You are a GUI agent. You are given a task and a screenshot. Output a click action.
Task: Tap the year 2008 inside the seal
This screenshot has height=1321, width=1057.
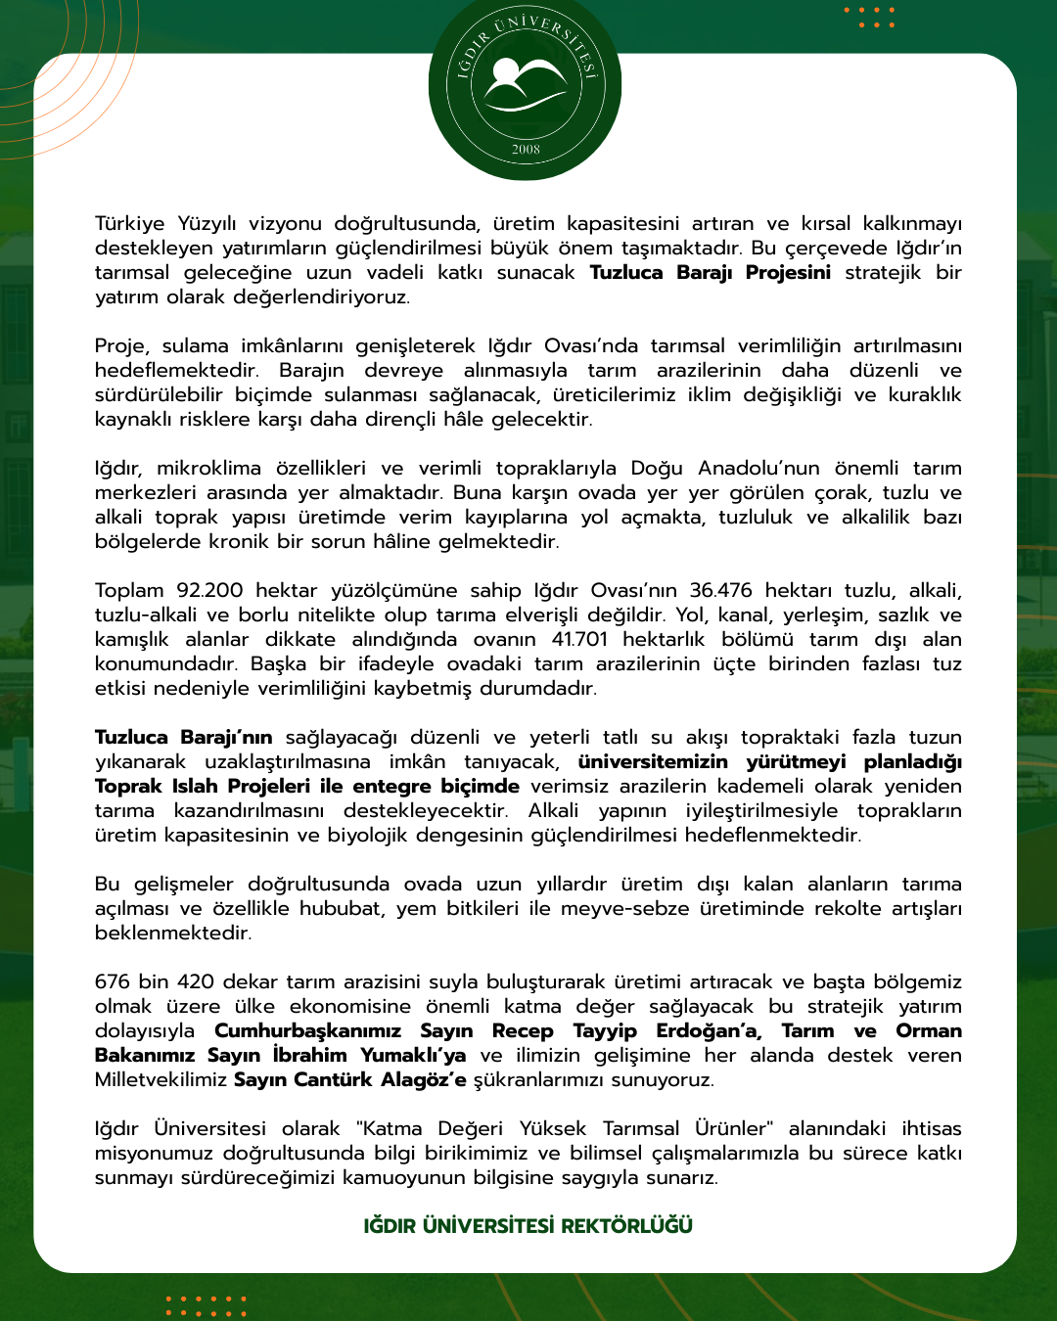coord(526,150)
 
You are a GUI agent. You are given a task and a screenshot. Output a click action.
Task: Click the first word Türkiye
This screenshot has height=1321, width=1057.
coord(129,224)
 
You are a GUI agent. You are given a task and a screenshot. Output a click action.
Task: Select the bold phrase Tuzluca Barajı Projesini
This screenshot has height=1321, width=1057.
coord(710,273)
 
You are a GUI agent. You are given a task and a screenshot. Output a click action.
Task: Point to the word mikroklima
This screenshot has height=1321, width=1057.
coord(208,469)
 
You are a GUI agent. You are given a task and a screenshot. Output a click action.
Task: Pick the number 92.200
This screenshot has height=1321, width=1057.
coord(209,591)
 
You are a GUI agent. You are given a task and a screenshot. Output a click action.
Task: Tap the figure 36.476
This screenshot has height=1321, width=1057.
coord(720,591)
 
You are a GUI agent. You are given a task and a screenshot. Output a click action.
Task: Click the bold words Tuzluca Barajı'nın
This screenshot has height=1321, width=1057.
coord(183,738)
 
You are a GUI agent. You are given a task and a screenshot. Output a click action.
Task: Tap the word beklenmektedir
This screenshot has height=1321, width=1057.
coord(173,934)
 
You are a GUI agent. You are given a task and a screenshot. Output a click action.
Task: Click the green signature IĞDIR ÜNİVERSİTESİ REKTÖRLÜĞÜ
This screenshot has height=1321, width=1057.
coord(528,1226)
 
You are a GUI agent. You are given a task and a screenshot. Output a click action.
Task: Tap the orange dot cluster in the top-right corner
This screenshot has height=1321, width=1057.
coord(869,18)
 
